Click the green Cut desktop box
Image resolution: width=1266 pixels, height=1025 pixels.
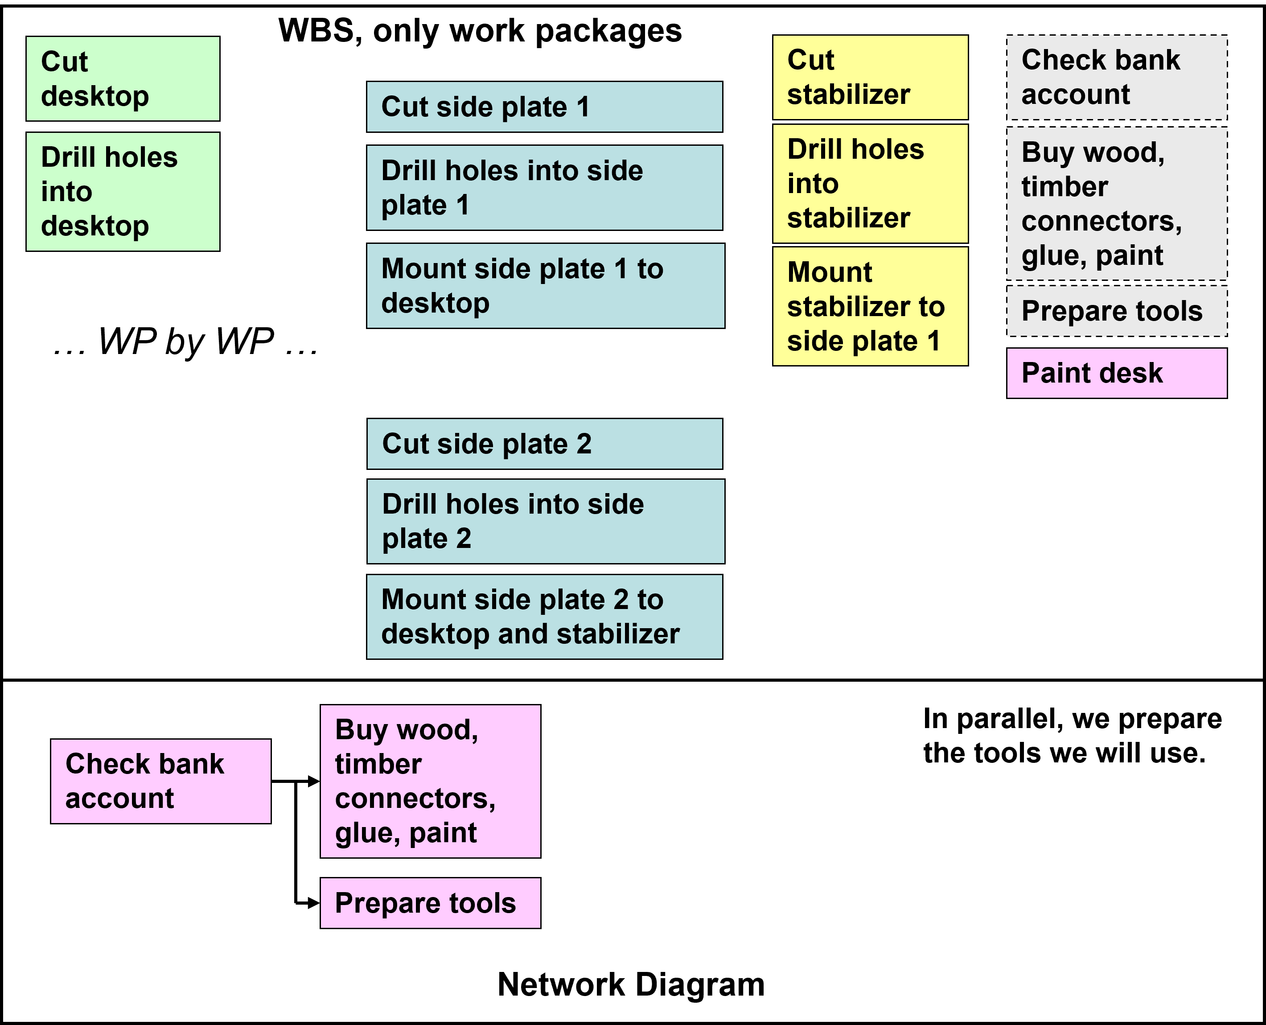click(x=123, y=78)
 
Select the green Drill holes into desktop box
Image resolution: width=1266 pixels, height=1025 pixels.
click(x=123, y=191)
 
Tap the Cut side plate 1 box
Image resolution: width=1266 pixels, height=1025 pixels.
click(x=544, y=107)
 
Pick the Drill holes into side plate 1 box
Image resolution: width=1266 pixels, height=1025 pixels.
click(x=544, y=188)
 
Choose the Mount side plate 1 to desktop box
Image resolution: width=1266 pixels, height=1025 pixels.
click(x=545, y=286)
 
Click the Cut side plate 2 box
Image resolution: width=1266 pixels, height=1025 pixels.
click(x=545, y=444)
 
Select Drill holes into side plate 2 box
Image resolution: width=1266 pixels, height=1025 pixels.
click(x=545, y=521)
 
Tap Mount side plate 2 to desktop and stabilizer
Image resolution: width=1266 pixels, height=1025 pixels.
click(x=544, y=617)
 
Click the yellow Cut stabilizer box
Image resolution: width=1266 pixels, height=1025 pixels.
click(x=870, y=77)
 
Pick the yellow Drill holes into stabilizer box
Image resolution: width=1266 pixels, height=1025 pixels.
click(x=870, y=184)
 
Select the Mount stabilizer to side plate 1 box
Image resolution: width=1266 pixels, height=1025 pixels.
click(x=870, y=306)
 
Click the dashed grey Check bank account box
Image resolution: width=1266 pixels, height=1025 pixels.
click(x=1117, y=77)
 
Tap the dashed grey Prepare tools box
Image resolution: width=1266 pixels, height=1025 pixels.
click(x=1117, y=311)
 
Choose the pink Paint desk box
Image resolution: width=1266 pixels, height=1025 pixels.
click(x=1117, y=373)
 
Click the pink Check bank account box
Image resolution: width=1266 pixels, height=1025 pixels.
click(x=160, y=781)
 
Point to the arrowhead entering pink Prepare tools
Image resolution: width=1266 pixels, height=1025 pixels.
click(x=313, y=903)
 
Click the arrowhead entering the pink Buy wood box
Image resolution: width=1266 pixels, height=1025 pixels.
click(x=313, y=781)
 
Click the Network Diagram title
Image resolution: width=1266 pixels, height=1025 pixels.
click(x=631, y=985)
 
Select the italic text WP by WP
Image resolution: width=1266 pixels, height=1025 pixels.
click(x=186, y=342)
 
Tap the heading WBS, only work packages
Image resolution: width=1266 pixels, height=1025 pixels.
click(x=480, y=31)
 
